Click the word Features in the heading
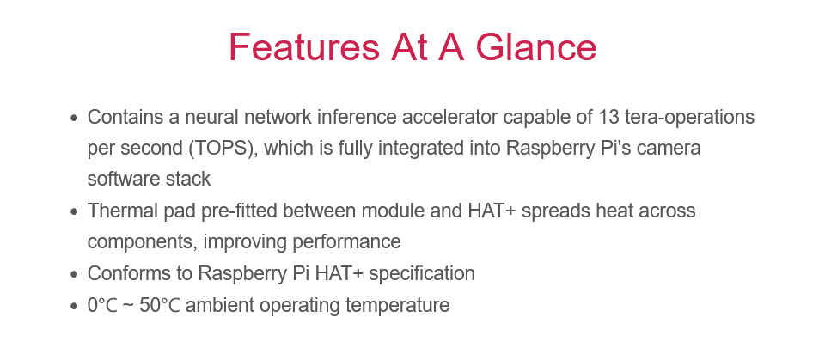[x=303, y=47]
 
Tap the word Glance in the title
[x=536, y=47]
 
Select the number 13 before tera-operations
[x=608, y=117]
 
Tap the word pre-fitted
[x=239, y=211]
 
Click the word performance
[x=346, y=242]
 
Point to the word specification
[x=422, y=274]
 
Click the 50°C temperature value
[x=160, y=305]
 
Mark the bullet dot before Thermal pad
[x=74, y=212]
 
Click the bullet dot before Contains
[x=74, y=118]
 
